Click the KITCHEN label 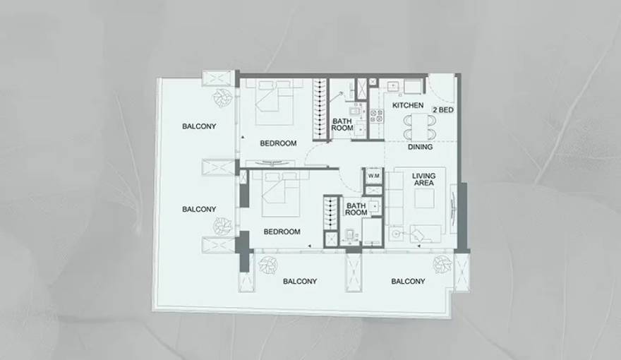coord(408,105)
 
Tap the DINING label coord(420,148)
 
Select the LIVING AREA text coord(424,179)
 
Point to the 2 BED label coord(442,111)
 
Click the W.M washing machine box coord(373,176)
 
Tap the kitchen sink coord(393,86)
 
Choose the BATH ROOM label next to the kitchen coord(342,124)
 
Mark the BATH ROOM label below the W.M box coord(356,209)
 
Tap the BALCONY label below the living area coord(408,281)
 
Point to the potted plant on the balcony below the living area coord(442,265)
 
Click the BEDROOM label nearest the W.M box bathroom coord(282,232)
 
